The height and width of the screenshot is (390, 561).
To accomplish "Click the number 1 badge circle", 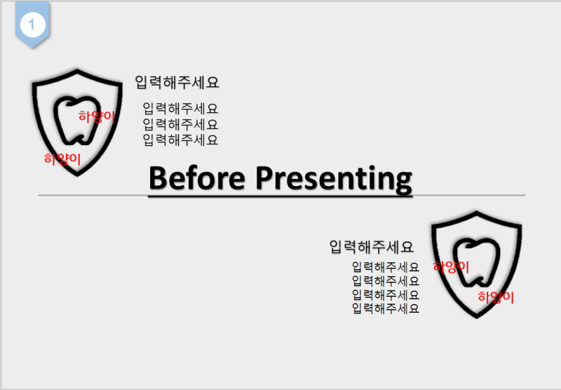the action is [32, 25].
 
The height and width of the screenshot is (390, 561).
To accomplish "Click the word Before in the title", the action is [197, 178].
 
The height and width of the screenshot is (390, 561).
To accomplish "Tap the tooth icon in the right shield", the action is [476, 262].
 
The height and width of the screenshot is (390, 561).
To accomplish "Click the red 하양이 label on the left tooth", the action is [97, 116].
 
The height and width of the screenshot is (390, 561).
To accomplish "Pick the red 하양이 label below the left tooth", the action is [62, 159].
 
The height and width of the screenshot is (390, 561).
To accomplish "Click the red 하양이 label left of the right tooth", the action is [451, 267].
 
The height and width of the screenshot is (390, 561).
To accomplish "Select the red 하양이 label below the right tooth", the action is [496, 297].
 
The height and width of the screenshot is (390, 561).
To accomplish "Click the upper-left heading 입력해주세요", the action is [177, 83].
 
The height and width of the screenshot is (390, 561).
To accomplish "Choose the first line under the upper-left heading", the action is [180, 109].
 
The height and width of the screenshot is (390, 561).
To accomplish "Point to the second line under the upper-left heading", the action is [180, 125].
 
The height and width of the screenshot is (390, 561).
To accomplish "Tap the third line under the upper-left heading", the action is [180, 140].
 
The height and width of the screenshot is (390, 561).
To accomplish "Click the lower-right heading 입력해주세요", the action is [372, 247].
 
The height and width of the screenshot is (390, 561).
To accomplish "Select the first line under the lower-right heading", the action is [385, 267].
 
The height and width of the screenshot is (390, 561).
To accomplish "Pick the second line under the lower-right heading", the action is [385, 281].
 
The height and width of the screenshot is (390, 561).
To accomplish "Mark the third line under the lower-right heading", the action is [385, 295].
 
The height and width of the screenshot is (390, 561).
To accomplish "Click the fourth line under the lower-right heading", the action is [385, 309].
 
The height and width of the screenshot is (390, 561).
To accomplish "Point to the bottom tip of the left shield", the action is [77, 175].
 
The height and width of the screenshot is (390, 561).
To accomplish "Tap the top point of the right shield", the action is [477, 212].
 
